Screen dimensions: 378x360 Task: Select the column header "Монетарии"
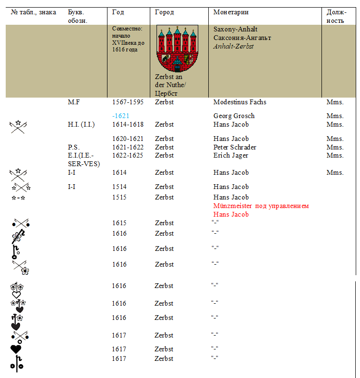tap(231, 12)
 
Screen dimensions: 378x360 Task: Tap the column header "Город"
tap(165, 12)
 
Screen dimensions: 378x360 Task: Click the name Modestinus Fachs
tap(240, 102)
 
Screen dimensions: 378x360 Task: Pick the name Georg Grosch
tap(234, 116)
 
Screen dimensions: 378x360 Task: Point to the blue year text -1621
tap(121, 116)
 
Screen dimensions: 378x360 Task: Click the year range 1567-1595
tap(128, 102)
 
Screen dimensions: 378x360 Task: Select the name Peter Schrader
tap(235, 147)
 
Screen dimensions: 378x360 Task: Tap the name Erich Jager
tap(231, 155)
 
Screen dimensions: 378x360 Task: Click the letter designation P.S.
tap(74, 147)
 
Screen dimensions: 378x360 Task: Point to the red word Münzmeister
tap(234, 206)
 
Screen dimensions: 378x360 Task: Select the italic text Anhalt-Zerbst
tap(234, 46)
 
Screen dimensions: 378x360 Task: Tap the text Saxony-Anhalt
tap(235, 29)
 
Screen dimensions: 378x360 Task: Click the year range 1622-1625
tap(128, 155)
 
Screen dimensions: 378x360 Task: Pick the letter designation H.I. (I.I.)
tap(81, 124)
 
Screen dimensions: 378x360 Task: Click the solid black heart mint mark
tap(16, 349)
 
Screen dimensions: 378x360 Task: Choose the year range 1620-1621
tap(128, 139)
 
